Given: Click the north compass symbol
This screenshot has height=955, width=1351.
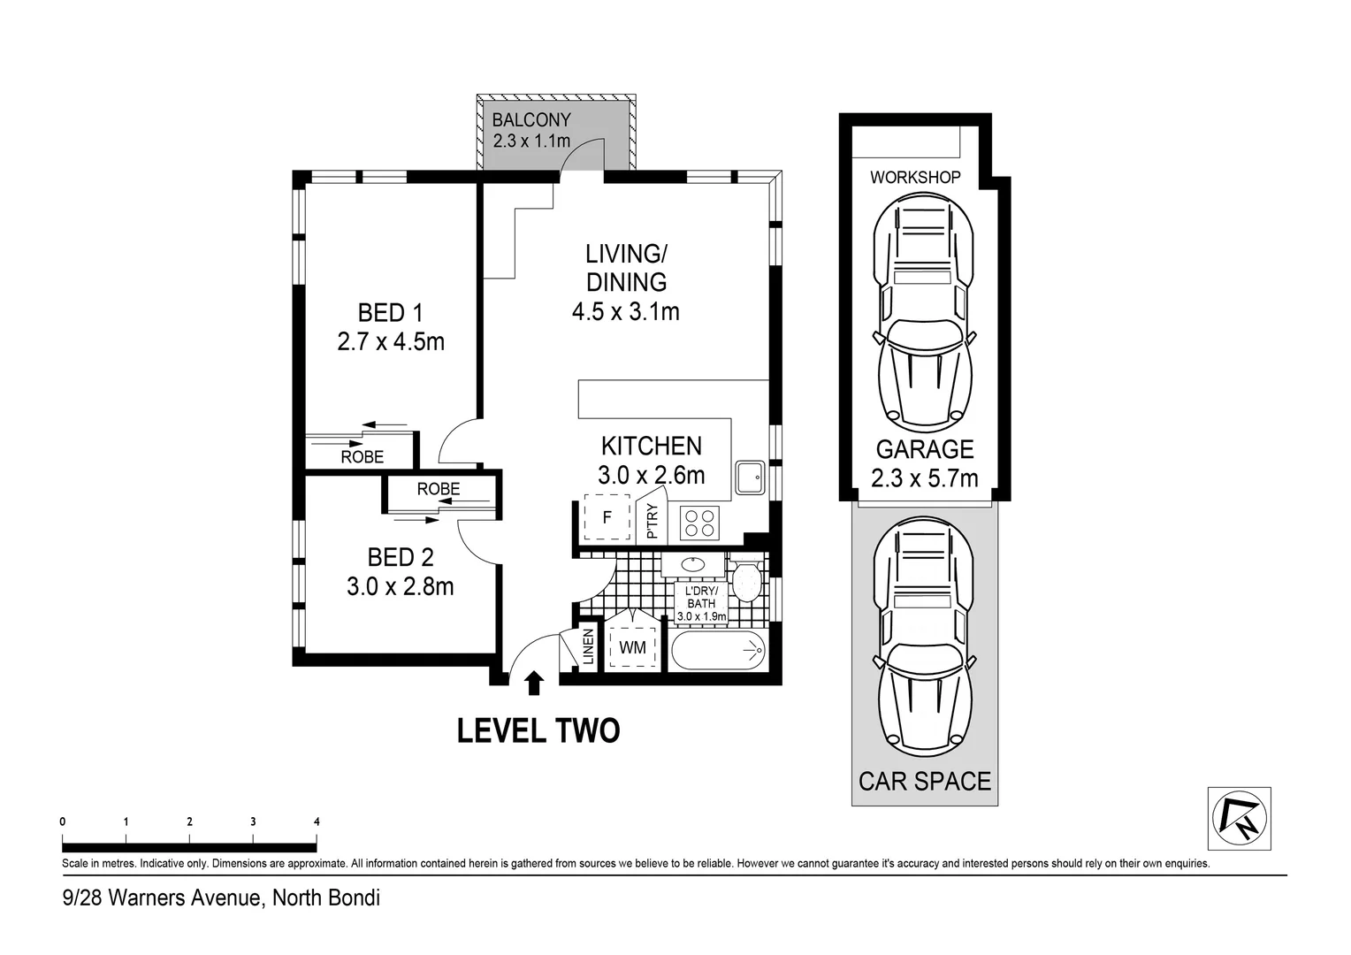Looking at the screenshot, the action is click(1240, 819).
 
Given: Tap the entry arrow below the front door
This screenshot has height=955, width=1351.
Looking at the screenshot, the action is click(534, 684).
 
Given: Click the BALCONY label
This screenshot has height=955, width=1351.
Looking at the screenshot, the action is click(531, 119).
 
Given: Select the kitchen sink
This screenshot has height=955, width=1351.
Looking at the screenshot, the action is click(751, 477).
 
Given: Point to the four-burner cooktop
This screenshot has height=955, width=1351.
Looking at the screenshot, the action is click(699, 523).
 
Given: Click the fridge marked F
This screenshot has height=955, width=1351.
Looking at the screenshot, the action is click(607, 517).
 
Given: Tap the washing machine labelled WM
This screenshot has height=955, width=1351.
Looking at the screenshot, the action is click(632, 648).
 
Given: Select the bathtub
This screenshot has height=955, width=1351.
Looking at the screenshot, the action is click(718, 650).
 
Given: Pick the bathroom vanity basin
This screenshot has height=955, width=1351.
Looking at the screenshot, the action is click(693, 565).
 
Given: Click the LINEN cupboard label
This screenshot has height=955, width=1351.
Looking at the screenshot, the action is click(589, 646).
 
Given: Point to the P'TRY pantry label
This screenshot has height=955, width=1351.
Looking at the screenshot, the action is click(652, 521).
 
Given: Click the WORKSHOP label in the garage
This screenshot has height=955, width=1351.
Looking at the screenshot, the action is click(915, 178).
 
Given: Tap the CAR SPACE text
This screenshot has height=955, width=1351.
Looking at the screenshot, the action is click(925, 782).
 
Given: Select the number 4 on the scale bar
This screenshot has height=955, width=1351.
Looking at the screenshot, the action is click(317, 821).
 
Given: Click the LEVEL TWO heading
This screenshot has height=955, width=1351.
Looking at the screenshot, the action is click(538, 731).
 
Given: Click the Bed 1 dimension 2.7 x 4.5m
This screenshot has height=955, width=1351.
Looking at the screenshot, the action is click(391, 342).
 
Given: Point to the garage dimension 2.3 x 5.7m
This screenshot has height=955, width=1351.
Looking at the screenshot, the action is click(925, 478).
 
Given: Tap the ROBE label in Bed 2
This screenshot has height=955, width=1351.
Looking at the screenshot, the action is click(439, 489).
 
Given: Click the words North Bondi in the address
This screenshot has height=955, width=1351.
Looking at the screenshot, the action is click(326, 898).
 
